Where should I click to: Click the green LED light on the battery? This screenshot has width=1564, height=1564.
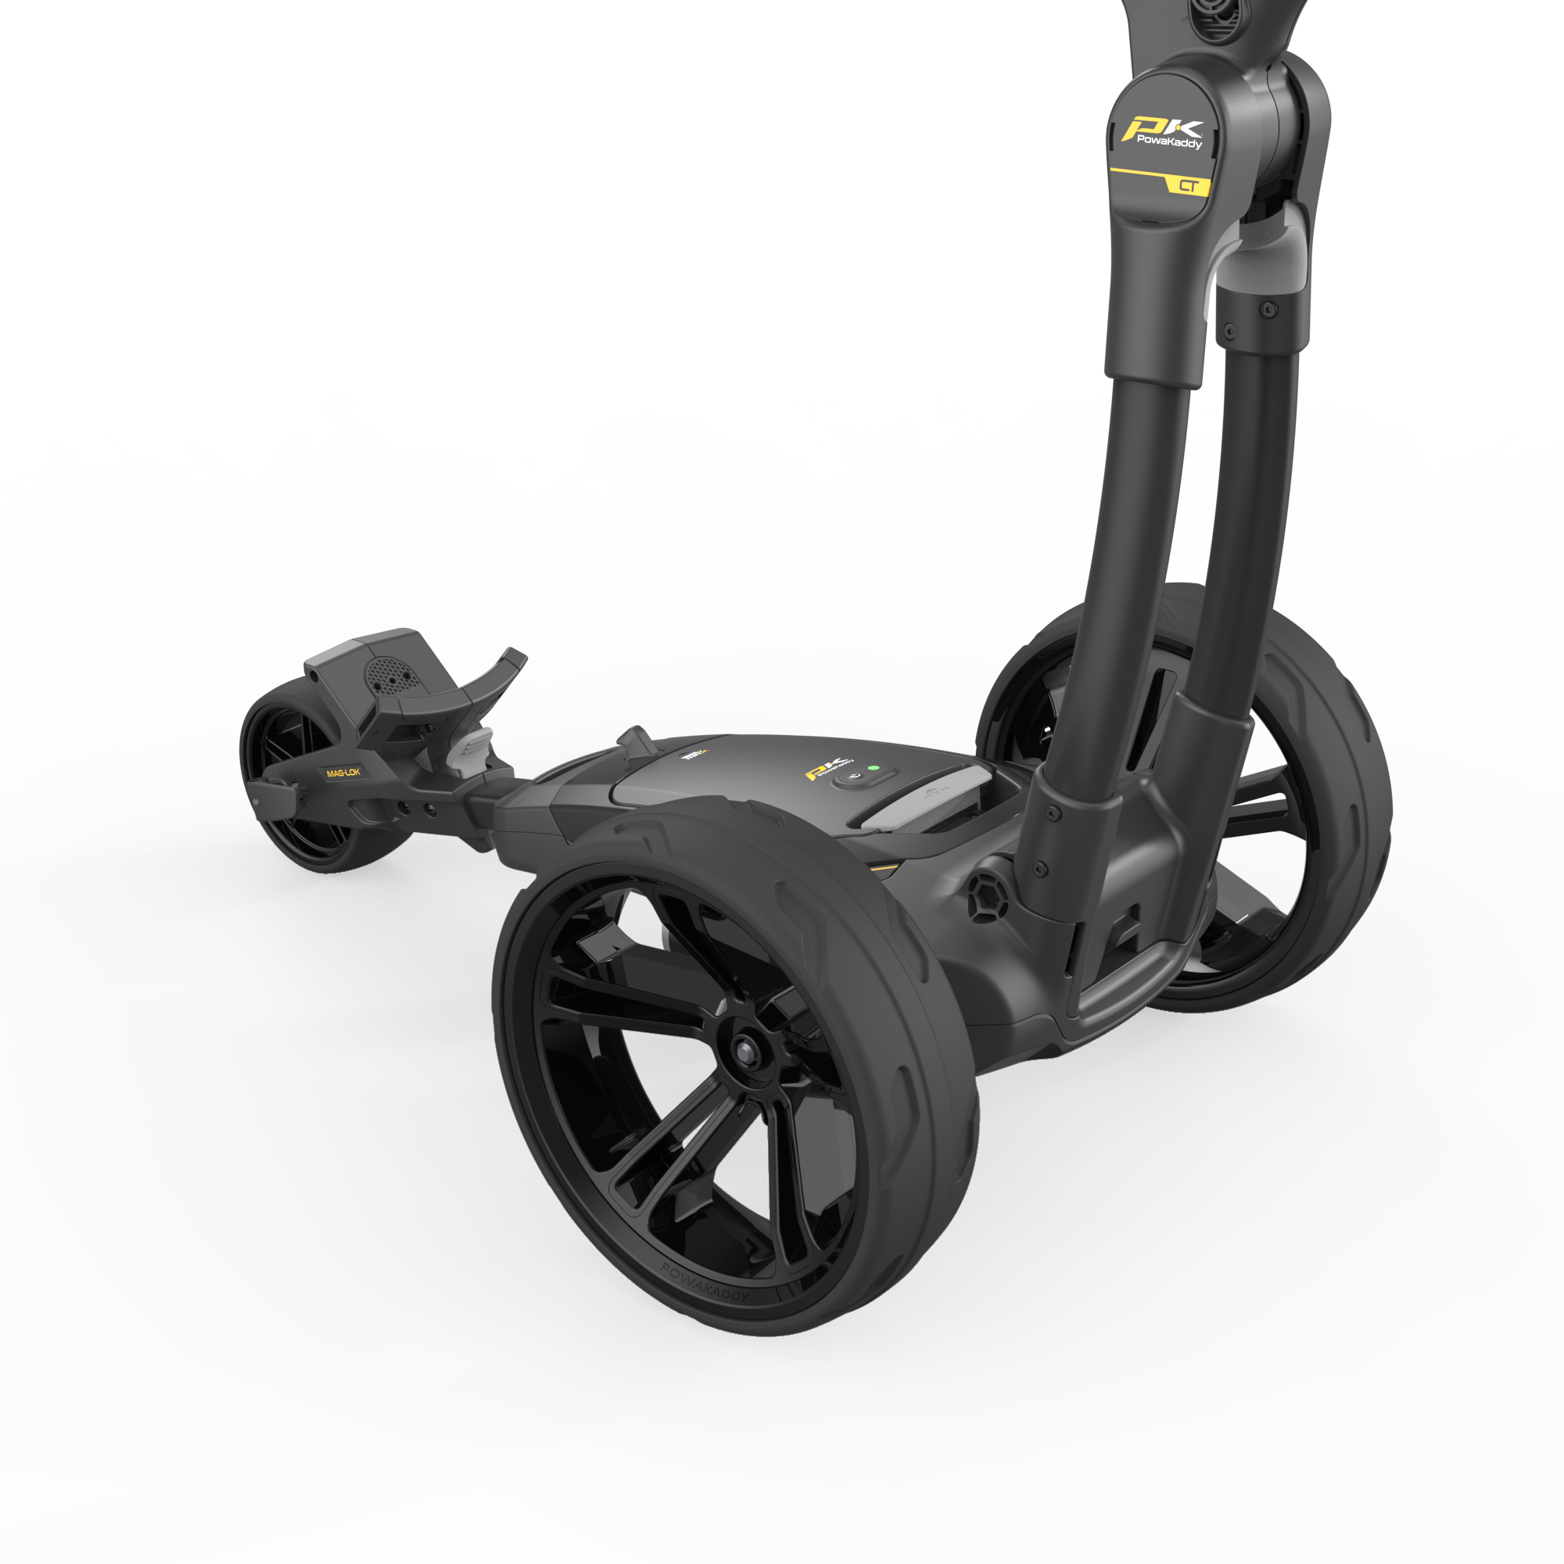873,767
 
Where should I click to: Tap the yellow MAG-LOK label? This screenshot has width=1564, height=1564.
343,773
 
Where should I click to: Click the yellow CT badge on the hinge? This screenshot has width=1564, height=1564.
1188,185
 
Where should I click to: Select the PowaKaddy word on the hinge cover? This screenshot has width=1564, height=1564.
1169,142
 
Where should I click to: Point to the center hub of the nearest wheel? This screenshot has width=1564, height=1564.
741,1049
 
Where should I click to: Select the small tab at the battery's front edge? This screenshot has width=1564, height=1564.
637,738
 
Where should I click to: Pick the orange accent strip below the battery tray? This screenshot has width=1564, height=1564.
887,869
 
